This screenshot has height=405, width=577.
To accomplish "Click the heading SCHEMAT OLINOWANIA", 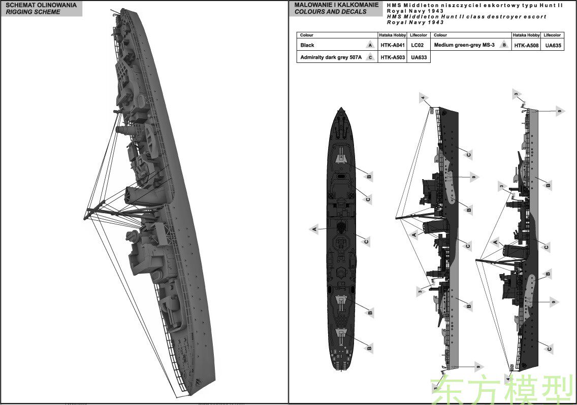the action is click(41, 5).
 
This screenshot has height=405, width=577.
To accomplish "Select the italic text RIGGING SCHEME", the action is click(33, 12).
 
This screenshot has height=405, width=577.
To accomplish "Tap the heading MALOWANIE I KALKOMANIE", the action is click(336, 5).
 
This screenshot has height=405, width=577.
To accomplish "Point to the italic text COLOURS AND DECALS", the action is click(331, 12).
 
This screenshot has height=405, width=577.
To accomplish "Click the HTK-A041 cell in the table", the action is click(393, 45).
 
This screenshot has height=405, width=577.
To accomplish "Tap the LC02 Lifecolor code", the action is click(418, 45).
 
